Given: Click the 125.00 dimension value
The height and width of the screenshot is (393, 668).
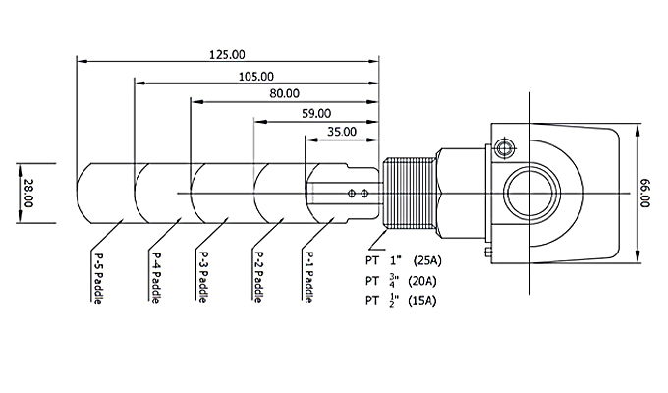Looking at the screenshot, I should click(x=228, y=54).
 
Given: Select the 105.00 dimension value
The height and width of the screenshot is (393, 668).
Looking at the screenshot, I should click(x=255, y=76).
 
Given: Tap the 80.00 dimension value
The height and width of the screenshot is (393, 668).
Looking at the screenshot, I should click(x=284, y=93).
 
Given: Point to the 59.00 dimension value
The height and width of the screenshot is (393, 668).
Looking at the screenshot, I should click(x=316, y=113).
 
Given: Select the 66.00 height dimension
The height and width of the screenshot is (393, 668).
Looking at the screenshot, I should click(x=645, y=192).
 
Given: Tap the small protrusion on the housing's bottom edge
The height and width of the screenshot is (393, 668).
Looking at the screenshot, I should click(x=488, y=253).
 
